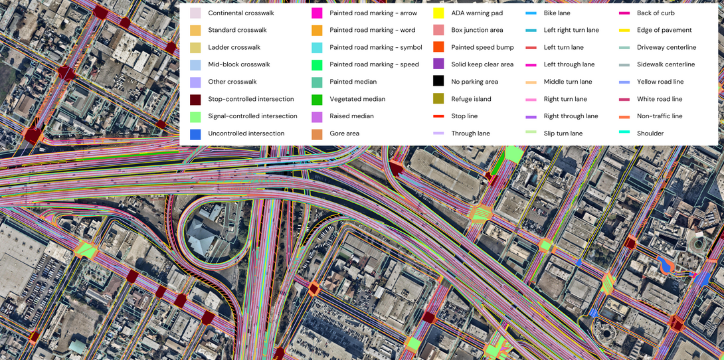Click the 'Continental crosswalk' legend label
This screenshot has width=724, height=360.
[x=240, y=13]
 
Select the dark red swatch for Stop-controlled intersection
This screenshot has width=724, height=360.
[x=195, y=100]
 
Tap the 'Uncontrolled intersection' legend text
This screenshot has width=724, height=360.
[x=246, y=134]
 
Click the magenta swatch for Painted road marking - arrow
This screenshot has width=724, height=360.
[x=317, y=13]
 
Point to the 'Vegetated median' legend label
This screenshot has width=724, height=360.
[x=357, y=99]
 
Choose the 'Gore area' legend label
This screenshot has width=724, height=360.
[x=344, y=134]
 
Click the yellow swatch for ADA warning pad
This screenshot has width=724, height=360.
[x=438, y=13]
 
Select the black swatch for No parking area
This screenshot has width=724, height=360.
[x=438, y=82]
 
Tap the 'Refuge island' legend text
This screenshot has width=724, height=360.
[x=471, y=99]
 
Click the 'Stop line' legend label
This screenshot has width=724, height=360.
[x=464, y=116]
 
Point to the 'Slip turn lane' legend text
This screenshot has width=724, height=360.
[x=563, y=134]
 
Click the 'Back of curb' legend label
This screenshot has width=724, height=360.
[x=656, y=13]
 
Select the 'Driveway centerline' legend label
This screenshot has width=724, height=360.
[x=666, y=48]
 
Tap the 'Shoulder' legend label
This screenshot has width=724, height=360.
[x=650, y=134]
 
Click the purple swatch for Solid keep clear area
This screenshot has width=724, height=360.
[x=438, y=64]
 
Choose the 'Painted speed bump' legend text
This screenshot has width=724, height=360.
[x=482, y=48]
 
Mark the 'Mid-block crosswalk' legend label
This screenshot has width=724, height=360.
[x=238, y=64]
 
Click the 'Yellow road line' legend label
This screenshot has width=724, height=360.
[x=660, y=82]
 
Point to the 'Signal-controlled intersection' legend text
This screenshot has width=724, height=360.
[x=252, y=116]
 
